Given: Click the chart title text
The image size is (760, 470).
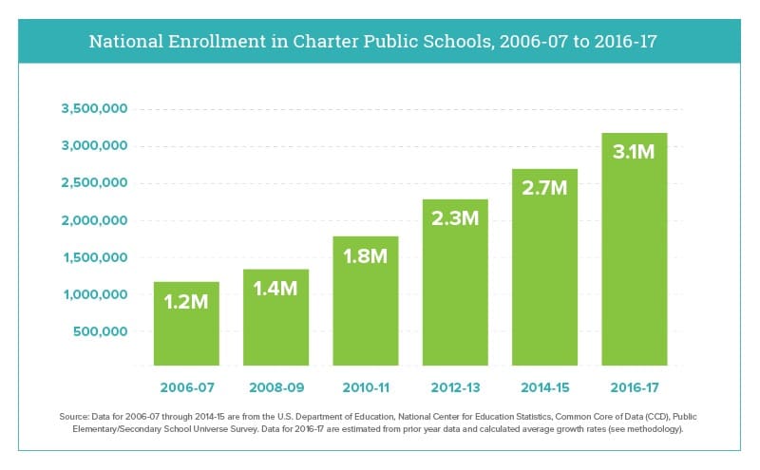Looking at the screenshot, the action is coord(372,41).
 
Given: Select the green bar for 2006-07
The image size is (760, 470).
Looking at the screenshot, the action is coord(186,324).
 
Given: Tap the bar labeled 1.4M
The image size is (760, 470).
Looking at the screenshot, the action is coord(275,317).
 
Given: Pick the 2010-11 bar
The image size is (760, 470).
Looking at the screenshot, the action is coord(366,301).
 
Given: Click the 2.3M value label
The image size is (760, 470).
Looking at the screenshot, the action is coord(455,218).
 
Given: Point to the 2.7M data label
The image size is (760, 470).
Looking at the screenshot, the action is coord(544,187).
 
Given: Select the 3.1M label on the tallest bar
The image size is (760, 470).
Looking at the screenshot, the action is coord(634,152).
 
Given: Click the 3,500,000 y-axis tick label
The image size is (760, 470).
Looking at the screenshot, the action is coord(94,108).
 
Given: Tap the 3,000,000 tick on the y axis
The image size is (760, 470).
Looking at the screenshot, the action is coord(94,145).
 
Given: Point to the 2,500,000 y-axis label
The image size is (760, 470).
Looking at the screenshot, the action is coord(94,182).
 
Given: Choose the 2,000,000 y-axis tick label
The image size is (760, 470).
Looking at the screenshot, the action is coord(94,220).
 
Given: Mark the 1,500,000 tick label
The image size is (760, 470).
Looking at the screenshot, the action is coord(96,257).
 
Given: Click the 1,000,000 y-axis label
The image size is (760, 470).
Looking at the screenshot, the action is coord(96,294).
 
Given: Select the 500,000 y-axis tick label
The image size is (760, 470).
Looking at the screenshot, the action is coord(101,331).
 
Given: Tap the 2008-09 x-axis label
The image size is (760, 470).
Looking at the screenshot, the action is coord(276,387).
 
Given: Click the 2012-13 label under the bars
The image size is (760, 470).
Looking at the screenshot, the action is coord(456,387).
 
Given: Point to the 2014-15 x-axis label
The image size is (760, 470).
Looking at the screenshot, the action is coord(545,387).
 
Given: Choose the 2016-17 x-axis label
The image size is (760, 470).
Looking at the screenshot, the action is coord(635,387).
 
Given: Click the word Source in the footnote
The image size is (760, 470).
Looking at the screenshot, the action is coord(74,417).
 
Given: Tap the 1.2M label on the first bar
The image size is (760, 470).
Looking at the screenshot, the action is coord(186,302).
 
